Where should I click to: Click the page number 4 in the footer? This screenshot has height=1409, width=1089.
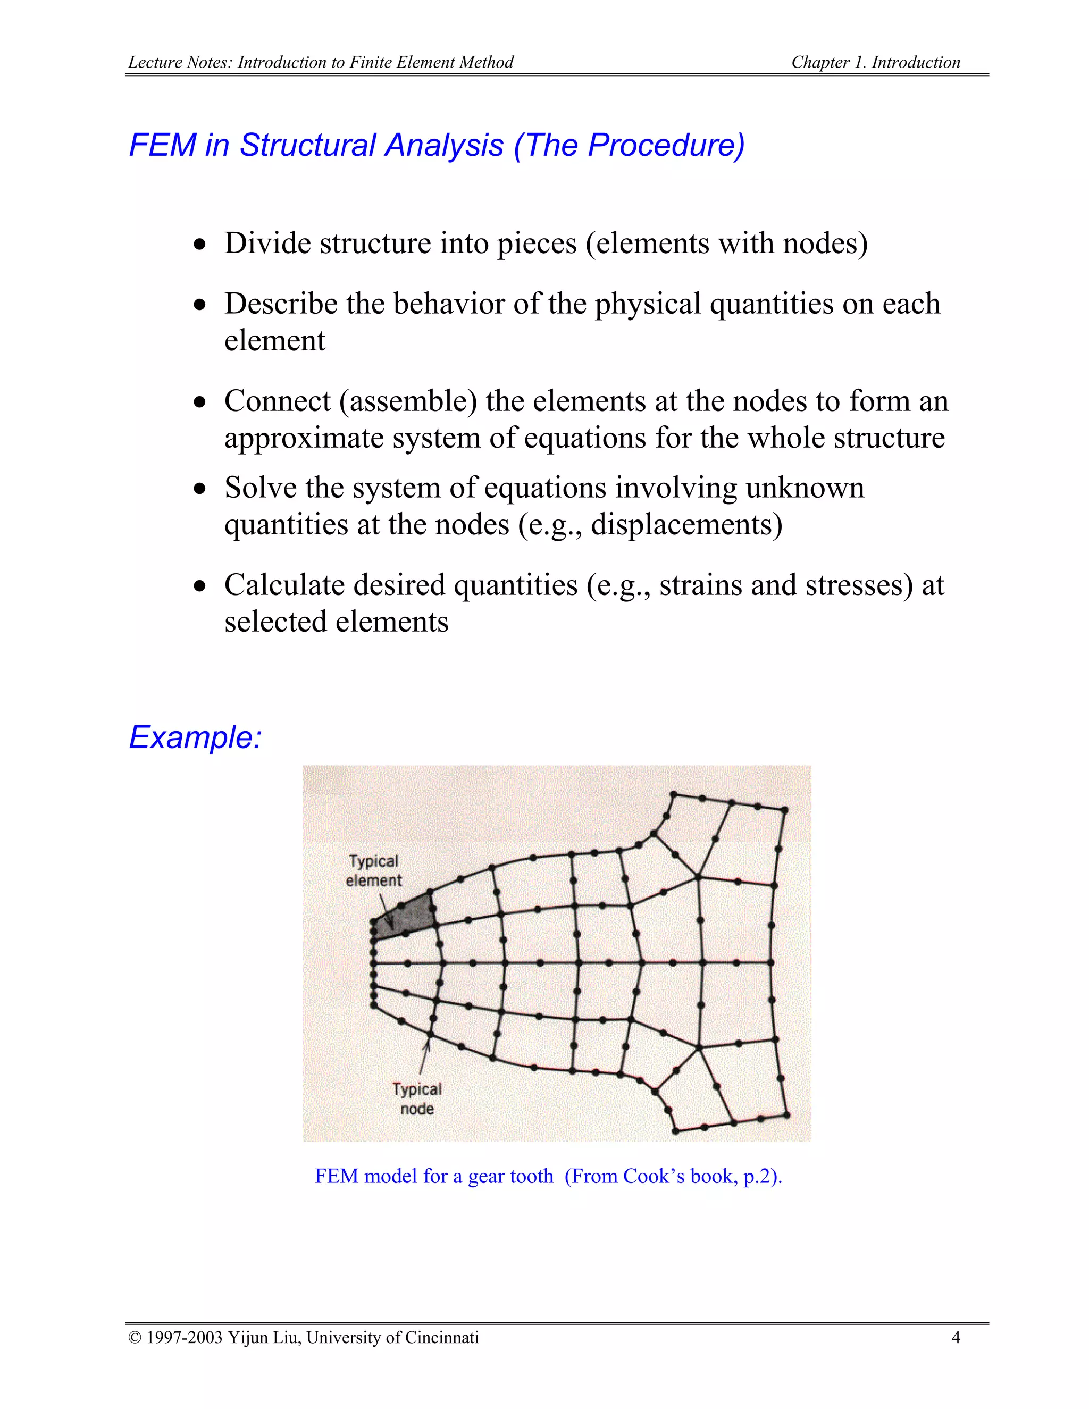tap(956, 1337)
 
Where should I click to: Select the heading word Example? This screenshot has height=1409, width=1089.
tap(195, 737)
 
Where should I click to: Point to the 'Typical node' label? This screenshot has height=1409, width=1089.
tap(417, 1098)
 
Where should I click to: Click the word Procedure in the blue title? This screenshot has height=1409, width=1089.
tap(661, 145)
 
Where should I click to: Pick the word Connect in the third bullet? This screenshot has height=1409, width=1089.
tap(278, 401)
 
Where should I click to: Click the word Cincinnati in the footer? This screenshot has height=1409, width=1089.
tap(440, 1337)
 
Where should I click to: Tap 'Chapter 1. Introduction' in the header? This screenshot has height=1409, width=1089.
tap(875, 63)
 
